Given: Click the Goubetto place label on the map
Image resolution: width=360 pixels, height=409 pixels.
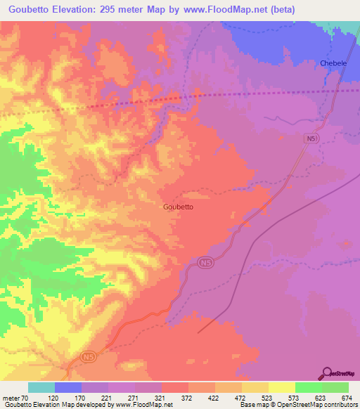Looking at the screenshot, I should click(x=178, y=207).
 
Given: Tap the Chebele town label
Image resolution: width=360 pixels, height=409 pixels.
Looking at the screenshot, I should click(x=334, y=63).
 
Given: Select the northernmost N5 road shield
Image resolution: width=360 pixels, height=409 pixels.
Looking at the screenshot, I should click(x=312, y=139).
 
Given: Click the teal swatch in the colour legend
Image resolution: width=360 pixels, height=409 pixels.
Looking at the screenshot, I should click(x=41, y=387).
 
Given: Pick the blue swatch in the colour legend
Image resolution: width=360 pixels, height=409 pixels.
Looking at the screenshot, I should click(x=68, y=387).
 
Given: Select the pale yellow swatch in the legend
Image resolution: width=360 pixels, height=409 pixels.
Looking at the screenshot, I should click(x=281, y=387).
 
